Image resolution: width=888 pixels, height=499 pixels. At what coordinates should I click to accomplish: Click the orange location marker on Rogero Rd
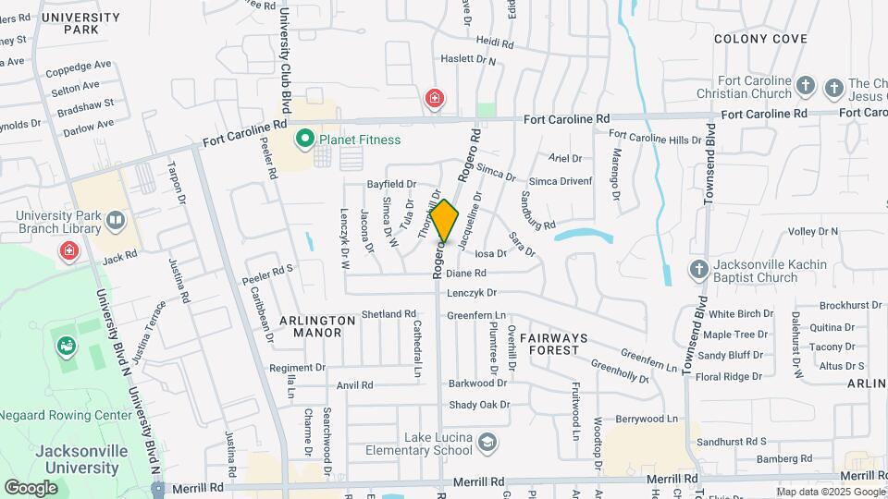coord(444,221)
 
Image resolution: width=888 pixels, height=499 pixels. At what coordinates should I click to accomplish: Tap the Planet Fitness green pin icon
coord(303,140)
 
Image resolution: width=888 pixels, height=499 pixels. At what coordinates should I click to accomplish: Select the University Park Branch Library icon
coord(116,220)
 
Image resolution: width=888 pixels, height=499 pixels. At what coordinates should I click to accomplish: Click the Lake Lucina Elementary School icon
coord(486,444)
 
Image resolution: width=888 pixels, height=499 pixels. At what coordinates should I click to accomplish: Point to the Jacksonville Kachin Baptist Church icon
coord(699,270)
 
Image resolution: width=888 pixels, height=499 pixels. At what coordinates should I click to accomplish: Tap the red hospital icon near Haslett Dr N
coord(434,98)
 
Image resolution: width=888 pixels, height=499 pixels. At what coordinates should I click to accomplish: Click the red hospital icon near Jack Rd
coord(69,250)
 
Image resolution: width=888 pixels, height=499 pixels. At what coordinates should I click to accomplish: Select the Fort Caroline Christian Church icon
coord(806,87)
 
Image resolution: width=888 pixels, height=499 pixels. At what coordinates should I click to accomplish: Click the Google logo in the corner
coord(31,487)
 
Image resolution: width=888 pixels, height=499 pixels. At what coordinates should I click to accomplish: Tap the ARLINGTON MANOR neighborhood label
coord(318,326)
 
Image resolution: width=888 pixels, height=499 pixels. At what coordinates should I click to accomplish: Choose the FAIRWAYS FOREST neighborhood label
coord(561,344)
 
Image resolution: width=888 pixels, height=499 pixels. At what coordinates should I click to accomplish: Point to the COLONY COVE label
coord(760,39)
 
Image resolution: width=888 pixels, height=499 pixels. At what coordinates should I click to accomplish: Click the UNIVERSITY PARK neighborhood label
coord(80,23)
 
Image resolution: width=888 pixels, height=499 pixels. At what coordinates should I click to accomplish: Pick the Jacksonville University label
coord(78,460)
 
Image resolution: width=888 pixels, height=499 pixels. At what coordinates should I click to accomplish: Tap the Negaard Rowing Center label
coord(65,416)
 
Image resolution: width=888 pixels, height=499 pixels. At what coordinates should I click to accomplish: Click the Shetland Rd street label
coord(388,314)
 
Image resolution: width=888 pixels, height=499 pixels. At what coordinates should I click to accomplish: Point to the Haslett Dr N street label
coord(468,61)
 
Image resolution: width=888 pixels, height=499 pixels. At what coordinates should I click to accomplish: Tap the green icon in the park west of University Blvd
coord(67,346)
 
